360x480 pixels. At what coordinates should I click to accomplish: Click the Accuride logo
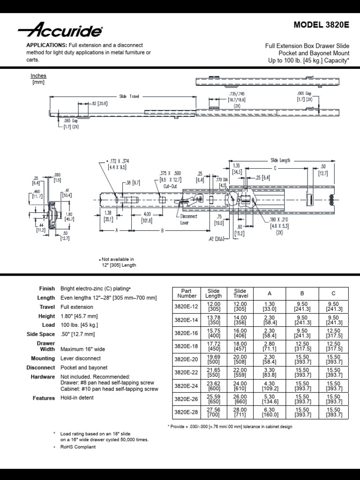point(60,31)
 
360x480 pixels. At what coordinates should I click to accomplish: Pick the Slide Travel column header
point(240,293)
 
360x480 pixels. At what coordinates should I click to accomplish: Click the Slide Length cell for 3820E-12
point(213,307)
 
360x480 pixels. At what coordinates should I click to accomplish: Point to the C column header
point(333,293)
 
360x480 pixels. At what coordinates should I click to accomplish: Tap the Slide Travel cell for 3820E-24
point(240,385)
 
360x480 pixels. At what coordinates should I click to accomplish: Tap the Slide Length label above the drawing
point(280,160)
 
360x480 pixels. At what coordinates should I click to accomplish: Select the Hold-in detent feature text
point(77,398)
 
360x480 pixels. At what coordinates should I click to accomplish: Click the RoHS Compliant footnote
point(78,447)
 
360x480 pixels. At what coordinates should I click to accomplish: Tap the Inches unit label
point(38,75)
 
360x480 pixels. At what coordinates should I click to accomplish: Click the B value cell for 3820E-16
point(302,333)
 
